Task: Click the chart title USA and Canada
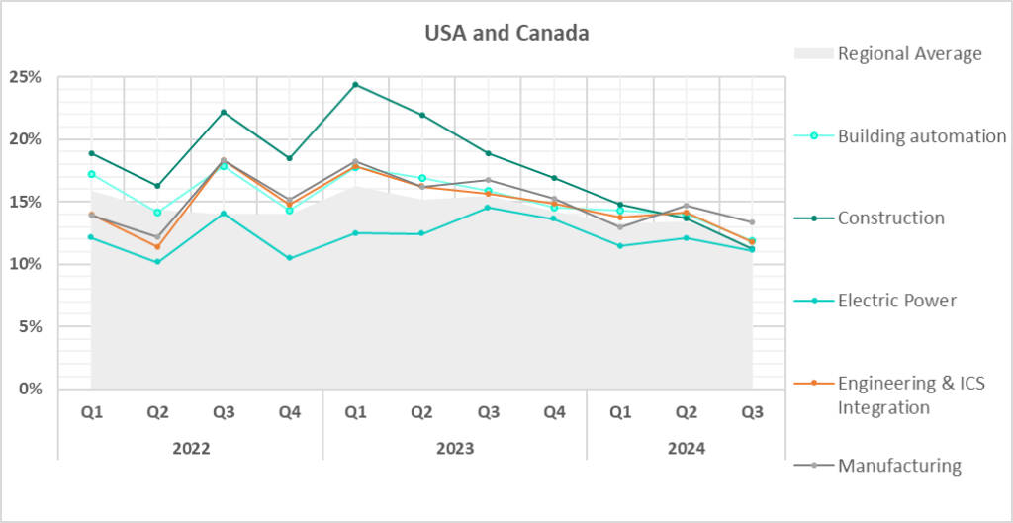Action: click(x=506, y=34)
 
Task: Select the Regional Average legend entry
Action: click(x=909, y=53)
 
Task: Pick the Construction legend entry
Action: click(x=890, y=218)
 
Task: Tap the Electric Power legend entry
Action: click(x=897, y=300)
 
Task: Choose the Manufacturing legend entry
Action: click(x=899, y=465)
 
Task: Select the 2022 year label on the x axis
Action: click(x=191, y=448)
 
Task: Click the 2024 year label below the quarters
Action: click(x=686, y=448)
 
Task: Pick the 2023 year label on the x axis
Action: click(x=455, y=448)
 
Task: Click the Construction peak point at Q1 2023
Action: click(x=356, y=85)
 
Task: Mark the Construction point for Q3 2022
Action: click(x=224, y=112)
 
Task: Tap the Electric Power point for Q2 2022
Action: click(x=157, y=262)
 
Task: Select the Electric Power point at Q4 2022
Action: click(x=290, y=258)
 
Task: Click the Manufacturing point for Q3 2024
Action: click(x=752, y=222)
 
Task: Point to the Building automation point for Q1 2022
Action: click(x=92, y=174)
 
